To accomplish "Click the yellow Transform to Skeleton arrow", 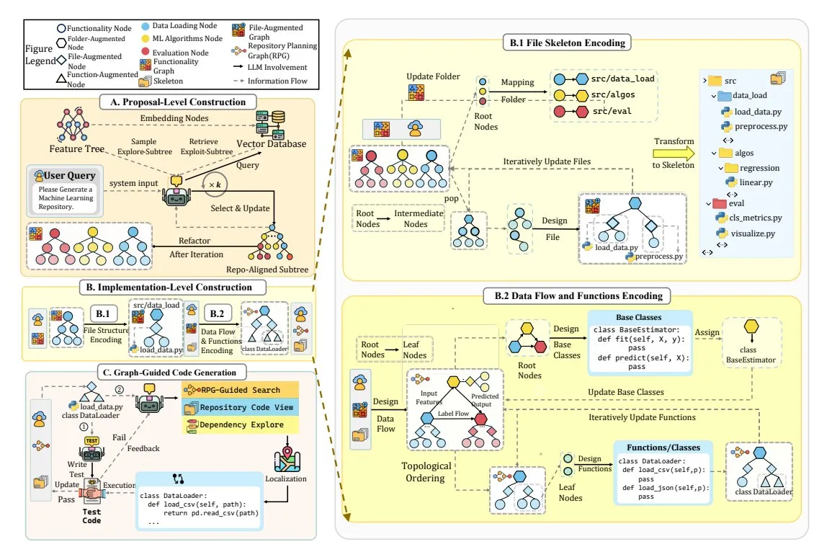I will pos(670,153).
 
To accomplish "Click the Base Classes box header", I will pos(640,317).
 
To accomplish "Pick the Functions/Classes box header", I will pos(661,447).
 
